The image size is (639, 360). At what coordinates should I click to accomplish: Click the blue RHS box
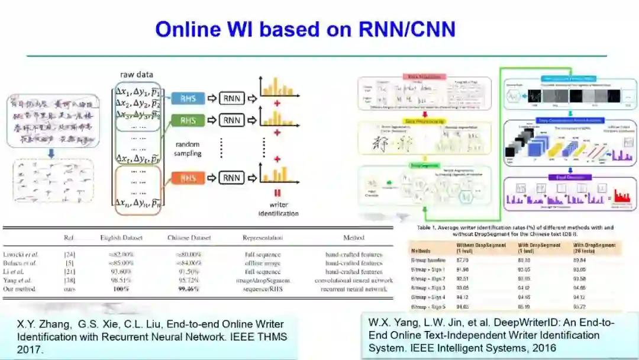(x=188, y=98)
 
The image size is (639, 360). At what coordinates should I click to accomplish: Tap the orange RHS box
(x=188, y=177)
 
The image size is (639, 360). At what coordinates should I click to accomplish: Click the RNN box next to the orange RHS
(x=231, y=177)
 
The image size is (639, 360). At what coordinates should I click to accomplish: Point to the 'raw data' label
(x=137, y=75)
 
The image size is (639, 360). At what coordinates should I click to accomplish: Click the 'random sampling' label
(x=188, y=149)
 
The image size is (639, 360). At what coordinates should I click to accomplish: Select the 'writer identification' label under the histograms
(x=278, y=209)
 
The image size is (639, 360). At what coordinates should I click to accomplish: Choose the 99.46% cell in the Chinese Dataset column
(x=189, y=289)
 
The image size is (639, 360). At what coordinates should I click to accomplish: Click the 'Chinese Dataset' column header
(x=189, y=238)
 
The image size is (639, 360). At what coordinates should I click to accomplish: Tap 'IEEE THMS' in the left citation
(x=262, y=337)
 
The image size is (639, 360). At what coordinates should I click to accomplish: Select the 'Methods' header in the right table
(x=422, y=247)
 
